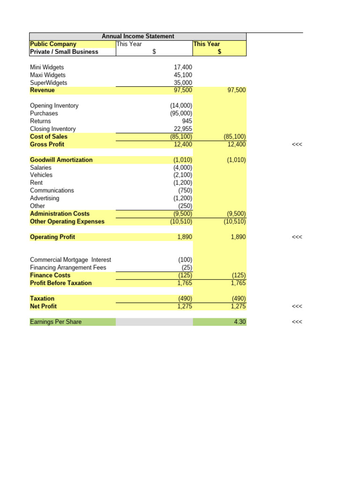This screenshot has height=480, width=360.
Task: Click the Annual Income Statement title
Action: (138, 36)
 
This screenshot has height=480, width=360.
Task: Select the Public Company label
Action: (53, 44)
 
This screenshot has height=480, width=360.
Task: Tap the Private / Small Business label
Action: (64, 52)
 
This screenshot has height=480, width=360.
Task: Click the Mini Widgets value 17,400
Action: (183, 67)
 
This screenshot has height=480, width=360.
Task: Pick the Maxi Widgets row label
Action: (48, 75)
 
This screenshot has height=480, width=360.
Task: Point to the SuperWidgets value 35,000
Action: (183, 83)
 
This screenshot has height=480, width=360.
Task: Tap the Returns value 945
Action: (186, 121)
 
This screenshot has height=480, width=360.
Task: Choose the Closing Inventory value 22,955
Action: (183, 129)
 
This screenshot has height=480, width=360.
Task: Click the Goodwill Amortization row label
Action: (61, 160)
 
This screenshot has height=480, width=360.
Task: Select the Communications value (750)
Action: (185, 190)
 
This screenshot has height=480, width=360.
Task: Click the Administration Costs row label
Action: (60, 214)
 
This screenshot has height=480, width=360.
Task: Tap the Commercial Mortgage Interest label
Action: (70, 260)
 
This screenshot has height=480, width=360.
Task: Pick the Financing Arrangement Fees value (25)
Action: (187, 268)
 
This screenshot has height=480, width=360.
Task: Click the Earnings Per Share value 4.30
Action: (240, 322)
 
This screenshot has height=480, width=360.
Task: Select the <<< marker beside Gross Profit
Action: (297, 144)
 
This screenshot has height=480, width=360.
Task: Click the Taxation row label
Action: (42, 299)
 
